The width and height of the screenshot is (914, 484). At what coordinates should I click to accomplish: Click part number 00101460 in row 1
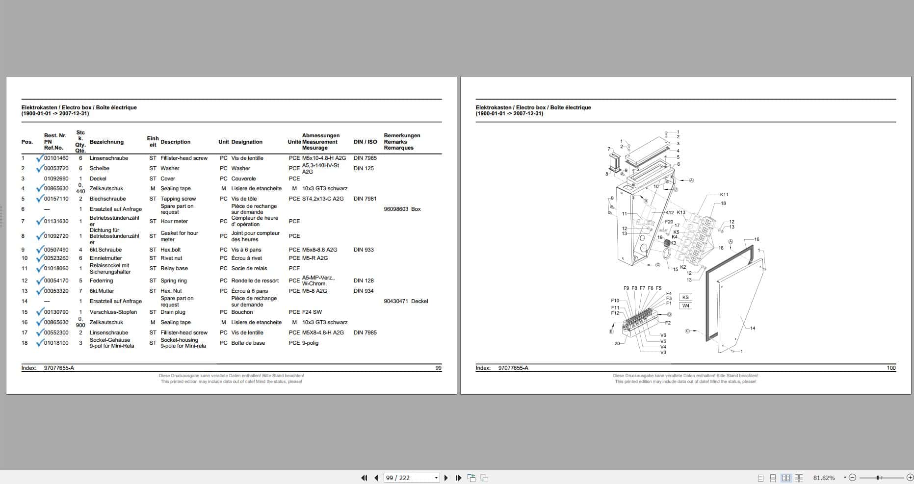click(x=56, y=158)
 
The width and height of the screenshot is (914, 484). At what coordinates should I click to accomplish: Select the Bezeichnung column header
click(x=106, y=142)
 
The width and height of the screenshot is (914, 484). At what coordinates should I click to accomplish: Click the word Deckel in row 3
click(x=98, y=179)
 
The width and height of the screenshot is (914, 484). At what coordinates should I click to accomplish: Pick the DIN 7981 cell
click(x=365, y=199)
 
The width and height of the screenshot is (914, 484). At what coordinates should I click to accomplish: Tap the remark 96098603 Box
click(x=402, y=209)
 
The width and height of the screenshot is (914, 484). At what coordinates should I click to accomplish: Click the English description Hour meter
click(x=174, y=222)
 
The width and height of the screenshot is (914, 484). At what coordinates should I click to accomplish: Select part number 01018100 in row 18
click(x=56, y=343)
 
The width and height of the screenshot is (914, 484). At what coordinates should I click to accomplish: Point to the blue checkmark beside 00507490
click(x=39, y=250)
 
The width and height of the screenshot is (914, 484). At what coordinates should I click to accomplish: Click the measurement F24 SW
click(x=312, y=312)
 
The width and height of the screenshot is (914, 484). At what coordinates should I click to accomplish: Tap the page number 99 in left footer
click(x=438, y=368)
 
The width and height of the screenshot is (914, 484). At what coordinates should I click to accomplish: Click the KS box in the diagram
click(x=685, y=297)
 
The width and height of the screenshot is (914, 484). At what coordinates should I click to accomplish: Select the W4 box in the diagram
click(x=685, y=306)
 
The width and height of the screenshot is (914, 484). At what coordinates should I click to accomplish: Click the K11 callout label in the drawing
click(x=724, y=195)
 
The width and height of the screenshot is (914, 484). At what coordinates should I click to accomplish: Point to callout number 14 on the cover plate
click(x=752, y=329)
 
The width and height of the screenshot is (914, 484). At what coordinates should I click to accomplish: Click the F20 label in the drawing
click(x=669, y=222)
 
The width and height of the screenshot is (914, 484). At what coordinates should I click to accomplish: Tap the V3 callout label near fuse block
click(x=663, y=353)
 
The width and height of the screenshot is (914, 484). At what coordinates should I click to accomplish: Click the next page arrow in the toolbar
click(x=446, y=478)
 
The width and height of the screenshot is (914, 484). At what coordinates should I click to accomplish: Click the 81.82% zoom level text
click(x=824, y=478)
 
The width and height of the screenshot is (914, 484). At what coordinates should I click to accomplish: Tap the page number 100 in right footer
click(x=891, y=368)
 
